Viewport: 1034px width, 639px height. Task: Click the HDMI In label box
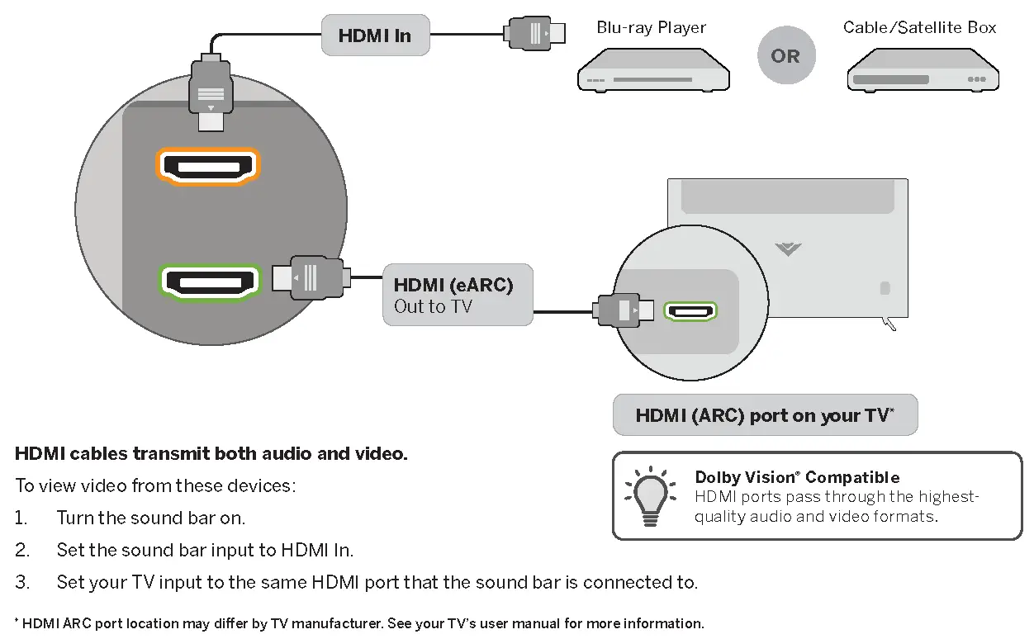pos(375,35)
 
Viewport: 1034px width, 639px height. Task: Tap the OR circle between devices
pos(785,56)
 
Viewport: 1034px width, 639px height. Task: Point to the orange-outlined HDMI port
pos(208,166)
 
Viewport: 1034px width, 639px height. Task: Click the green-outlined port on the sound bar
pos(210,281)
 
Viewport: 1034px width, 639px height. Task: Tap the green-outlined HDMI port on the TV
pos(692,311)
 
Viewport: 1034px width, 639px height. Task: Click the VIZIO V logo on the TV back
pos(789,248)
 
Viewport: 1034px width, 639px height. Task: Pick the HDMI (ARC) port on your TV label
pos(765,415)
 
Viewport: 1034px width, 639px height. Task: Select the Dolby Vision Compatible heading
pos(797,477)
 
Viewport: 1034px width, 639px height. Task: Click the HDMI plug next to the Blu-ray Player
pos(535,34)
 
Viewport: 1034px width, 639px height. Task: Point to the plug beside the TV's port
pos(624,311)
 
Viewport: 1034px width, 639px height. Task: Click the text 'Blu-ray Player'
pos(651,28)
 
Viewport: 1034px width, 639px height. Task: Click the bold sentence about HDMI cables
pos(211,454)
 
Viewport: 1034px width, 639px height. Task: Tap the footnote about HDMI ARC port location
pos(359,623)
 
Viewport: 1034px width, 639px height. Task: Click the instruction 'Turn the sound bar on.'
pos(150,518)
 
